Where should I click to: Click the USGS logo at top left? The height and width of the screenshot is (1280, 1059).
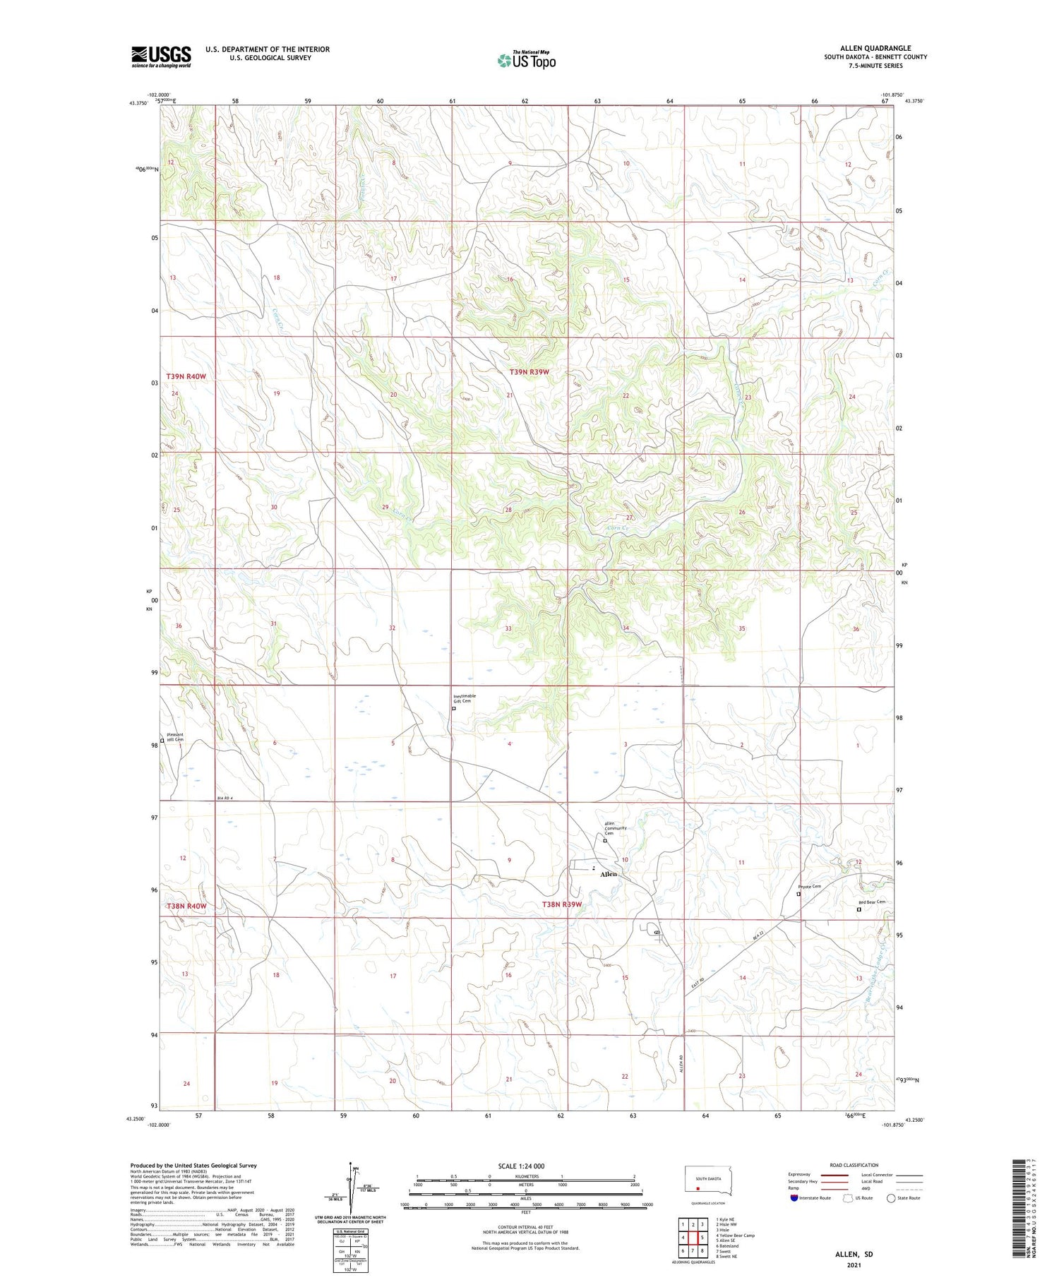[161, 56]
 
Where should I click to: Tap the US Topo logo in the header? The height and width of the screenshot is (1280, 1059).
[526, 60]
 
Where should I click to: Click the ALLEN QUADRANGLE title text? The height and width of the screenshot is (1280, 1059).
[875, 48]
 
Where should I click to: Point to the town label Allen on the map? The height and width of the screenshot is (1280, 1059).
[608, 874]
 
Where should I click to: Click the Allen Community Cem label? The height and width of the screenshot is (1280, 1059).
[615, 828]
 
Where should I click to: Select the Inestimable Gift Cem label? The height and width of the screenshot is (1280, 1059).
[465, 698]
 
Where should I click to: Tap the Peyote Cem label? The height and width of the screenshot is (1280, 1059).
[809, 887]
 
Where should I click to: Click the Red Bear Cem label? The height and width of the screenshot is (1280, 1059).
[871, 902]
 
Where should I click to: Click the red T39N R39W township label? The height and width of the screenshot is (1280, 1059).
[529, 372]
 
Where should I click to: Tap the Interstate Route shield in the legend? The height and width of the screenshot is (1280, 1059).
[794, 1197]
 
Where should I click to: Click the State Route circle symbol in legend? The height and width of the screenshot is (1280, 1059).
[891, 1197]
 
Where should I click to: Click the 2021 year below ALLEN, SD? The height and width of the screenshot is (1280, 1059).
[854, 1264]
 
